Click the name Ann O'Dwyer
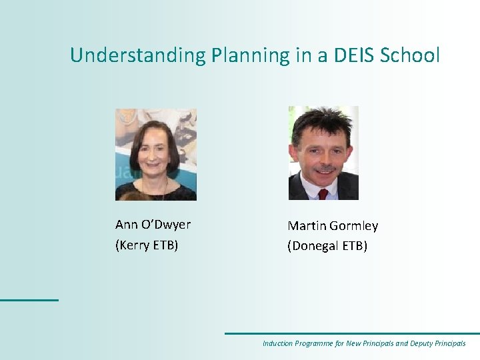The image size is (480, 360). (x=153, y=225)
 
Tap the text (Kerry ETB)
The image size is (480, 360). (x=147, y=245)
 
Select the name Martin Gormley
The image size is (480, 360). (x=333, y=226)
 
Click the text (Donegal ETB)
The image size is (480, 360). (x=327, y=246)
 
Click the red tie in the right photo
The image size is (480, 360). (x=323, y=194)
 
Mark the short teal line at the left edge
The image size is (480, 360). (x=29, y=300)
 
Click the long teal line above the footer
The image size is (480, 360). (x=351, y=333)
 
